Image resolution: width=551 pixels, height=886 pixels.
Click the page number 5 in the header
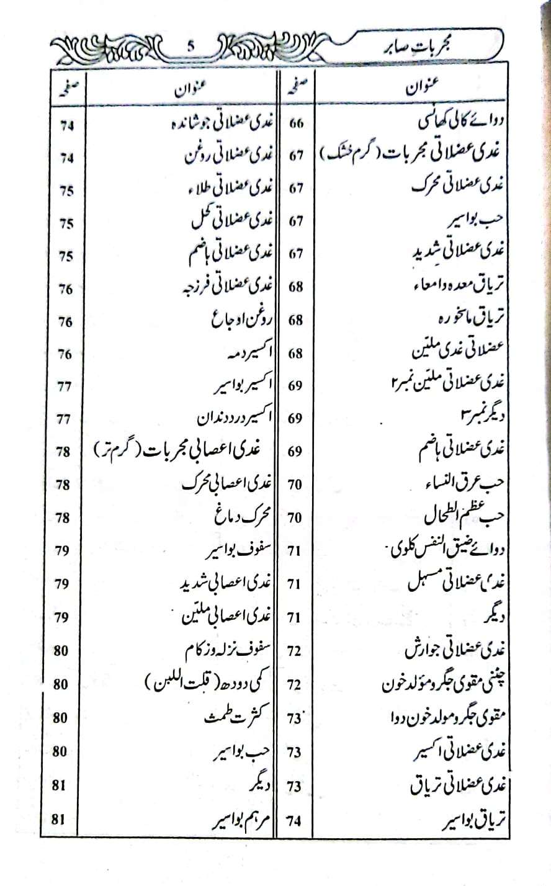click(190, 45)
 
